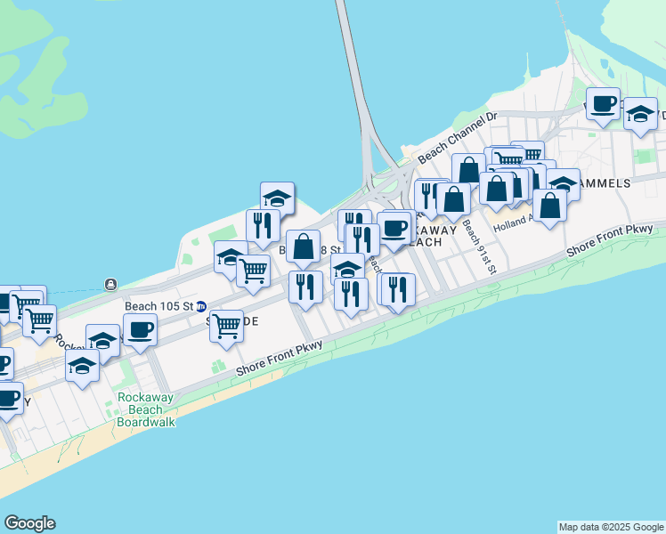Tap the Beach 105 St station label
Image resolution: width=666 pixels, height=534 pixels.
159,305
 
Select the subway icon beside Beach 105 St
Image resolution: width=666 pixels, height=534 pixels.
201,305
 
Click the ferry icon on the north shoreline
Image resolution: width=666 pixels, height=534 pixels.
110,284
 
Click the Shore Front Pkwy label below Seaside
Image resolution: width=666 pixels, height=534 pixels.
280,363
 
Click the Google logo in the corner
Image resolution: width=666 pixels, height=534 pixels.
29,523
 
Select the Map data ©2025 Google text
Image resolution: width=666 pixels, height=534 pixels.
610,527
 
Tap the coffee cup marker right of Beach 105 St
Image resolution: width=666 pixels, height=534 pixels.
141,330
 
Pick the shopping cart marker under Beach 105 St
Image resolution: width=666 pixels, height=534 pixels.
227,326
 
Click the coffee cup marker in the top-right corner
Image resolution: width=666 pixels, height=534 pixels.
603,103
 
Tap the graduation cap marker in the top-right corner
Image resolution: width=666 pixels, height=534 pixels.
640,114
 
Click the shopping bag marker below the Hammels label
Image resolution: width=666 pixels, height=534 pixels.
551,206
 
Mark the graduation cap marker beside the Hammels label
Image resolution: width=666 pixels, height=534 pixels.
563,183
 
